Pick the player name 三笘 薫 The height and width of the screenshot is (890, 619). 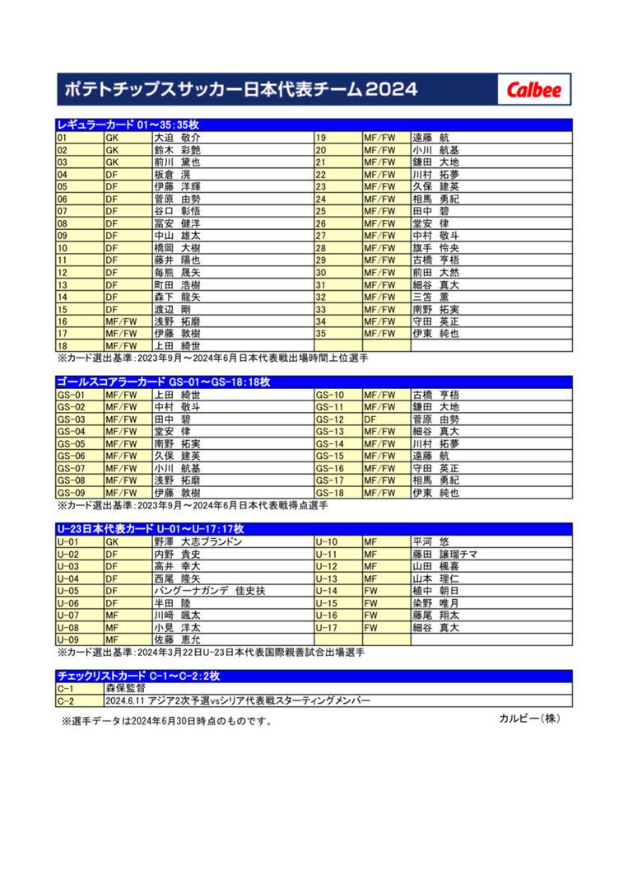pyautogui.click(x=429, y=297)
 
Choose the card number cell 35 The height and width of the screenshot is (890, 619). pyautogui.click(x=337, y=334)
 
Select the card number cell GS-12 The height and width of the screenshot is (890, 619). pyautogui.click(x=337, y=419)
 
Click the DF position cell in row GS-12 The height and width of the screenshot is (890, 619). pyautogui.click(x=385, y=419)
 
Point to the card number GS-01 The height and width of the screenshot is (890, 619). pyautogui.click(x=79, y=395)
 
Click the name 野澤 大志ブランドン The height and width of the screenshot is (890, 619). pyautogui.click(x=198, y=542)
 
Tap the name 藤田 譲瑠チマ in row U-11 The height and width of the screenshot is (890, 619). pyautogui.click(x=444, y=555)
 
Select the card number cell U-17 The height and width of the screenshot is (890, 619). pyautogui.click(x=337, y=628)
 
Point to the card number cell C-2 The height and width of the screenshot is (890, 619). pyautogui.click(x=79, y=700)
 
